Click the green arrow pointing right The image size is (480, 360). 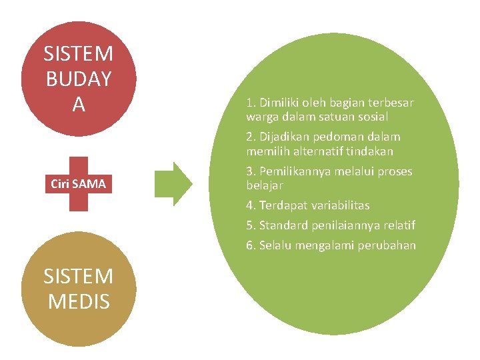coord(173,183)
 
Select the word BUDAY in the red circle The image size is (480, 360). coord(79,79)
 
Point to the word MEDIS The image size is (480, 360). coord(79,301)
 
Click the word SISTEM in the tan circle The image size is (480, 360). coord(79,276)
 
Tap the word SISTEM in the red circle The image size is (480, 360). coord(79,53)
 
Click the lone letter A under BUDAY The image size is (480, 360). coord(79,104)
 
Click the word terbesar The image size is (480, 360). coord(391,103)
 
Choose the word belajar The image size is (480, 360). coord(265,185)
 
